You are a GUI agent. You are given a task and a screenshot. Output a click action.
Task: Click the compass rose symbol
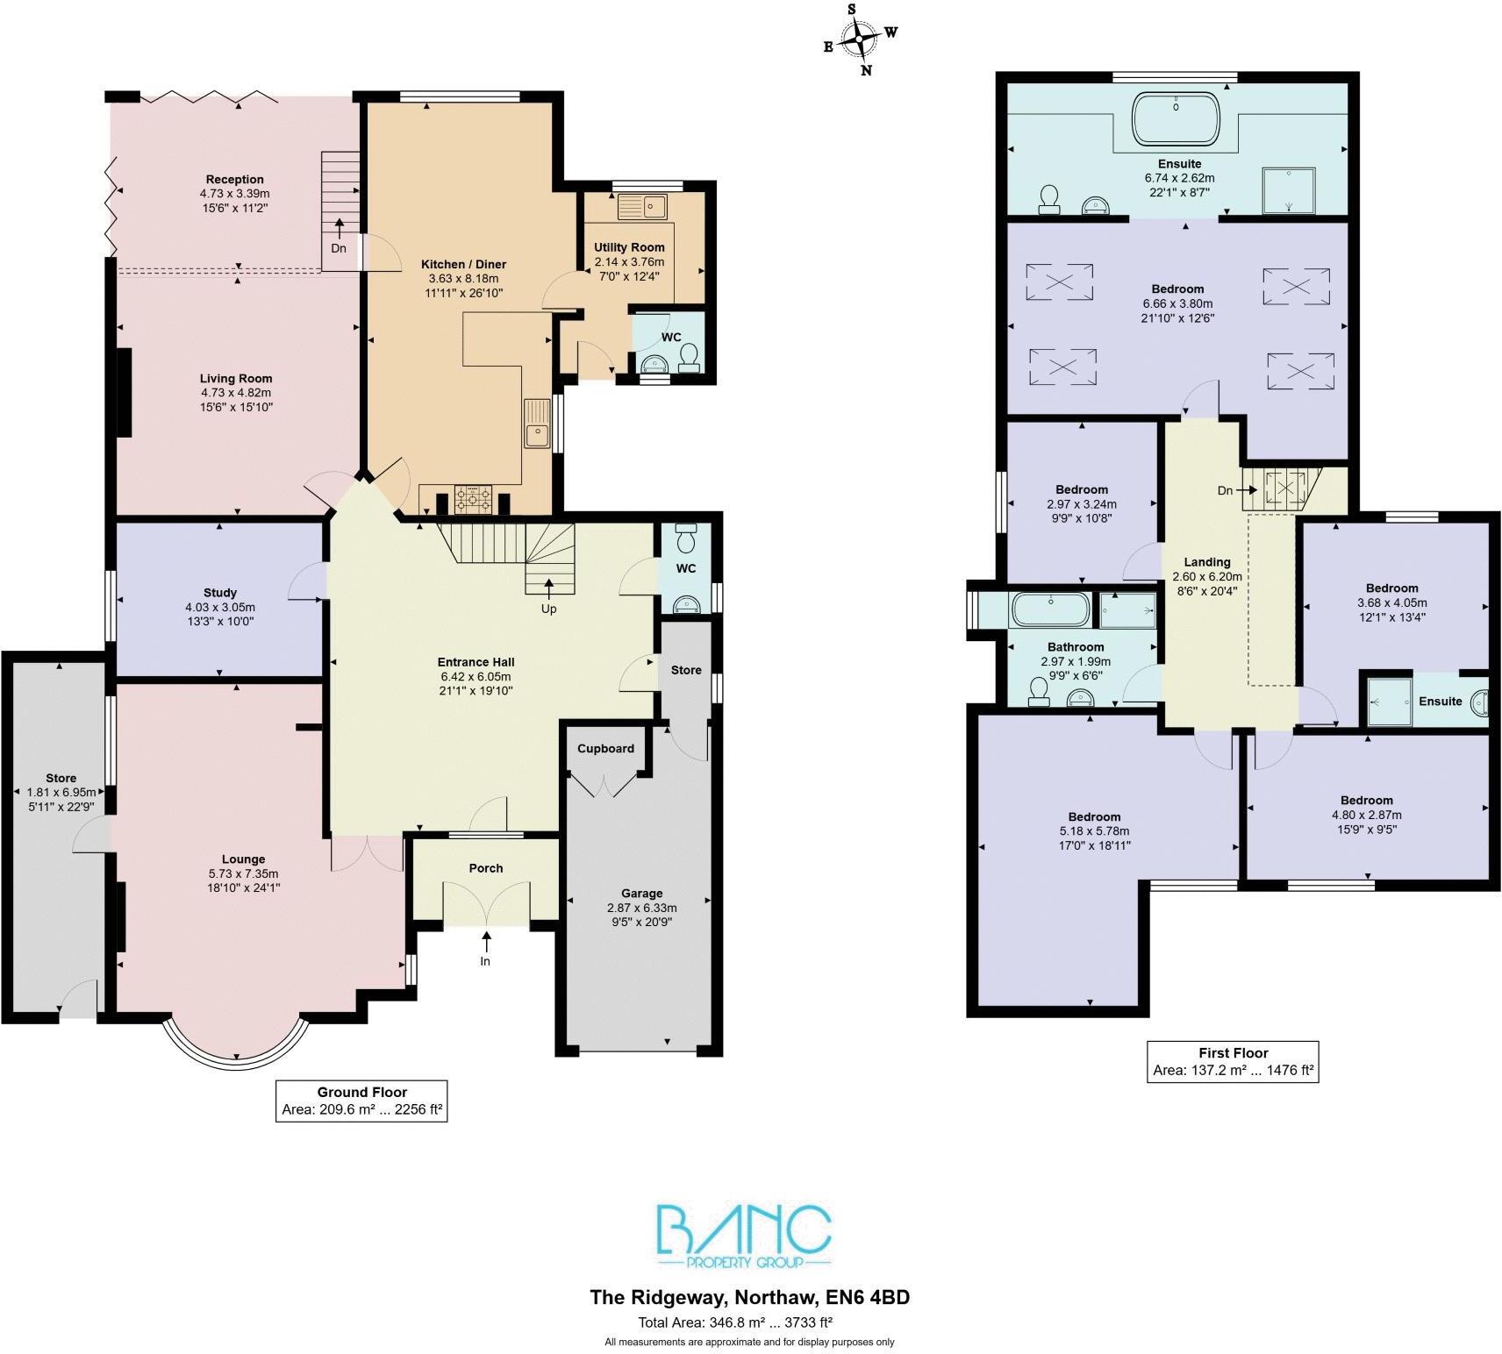coord(859,39)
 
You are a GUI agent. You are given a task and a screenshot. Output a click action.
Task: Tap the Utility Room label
coord(629,247)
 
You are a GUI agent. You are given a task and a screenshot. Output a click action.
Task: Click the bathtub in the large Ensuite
coord(1177,118)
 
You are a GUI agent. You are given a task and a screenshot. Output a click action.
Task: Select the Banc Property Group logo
coord(744,1237)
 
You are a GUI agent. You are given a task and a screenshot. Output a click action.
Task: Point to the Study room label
coord(219,593)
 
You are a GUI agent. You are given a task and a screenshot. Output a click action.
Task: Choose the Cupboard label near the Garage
coord(605,748)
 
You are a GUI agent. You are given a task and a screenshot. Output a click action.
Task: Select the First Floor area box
coord(1233,1061)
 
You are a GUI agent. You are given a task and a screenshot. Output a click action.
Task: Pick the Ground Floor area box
coord(361,1101)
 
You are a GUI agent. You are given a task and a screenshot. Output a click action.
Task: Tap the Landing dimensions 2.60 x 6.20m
coord(1207,577)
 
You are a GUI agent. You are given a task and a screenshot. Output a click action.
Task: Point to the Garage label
coord(641,894)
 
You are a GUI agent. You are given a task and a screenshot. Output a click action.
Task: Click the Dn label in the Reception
coord(339,248)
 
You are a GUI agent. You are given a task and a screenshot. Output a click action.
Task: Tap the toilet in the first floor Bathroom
coord(1039,692)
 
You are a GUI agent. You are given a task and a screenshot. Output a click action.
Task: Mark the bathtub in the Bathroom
coord(1051,609)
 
